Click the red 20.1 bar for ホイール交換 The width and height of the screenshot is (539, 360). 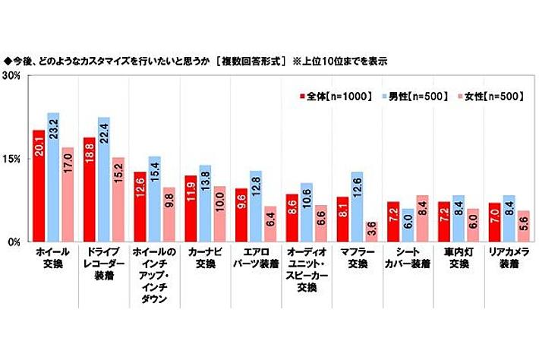click(x=38, y=186)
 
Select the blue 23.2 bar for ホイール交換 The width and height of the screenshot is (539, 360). click(x=53, y=178)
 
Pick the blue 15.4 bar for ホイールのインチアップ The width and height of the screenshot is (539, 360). click(x=153, y=199)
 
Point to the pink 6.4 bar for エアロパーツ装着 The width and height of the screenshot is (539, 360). click(x=270, y=224)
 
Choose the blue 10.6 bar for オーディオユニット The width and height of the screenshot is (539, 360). click(x=306, y=213)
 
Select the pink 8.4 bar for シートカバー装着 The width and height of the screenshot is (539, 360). click(x=422, y=219)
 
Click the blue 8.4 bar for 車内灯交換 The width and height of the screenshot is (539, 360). click(x=457, y=219)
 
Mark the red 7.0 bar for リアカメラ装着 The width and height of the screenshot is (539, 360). click(x=494, y=223)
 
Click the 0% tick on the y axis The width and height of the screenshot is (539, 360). click(x=13, y=242)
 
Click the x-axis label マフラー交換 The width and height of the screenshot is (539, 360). click(x=356, y=256)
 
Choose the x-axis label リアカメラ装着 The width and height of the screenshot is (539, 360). click(x=509, y=256)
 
